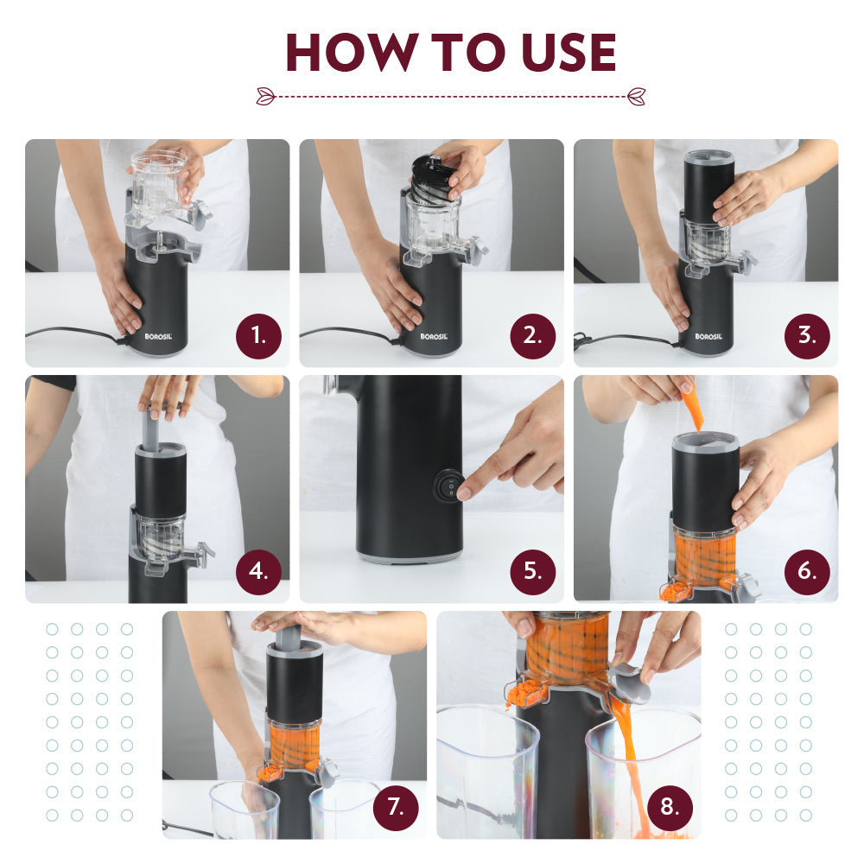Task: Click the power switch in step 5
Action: click(449, 486)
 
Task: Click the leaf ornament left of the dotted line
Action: click(265, 96)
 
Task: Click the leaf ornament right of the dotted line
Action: click(637, 96)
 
